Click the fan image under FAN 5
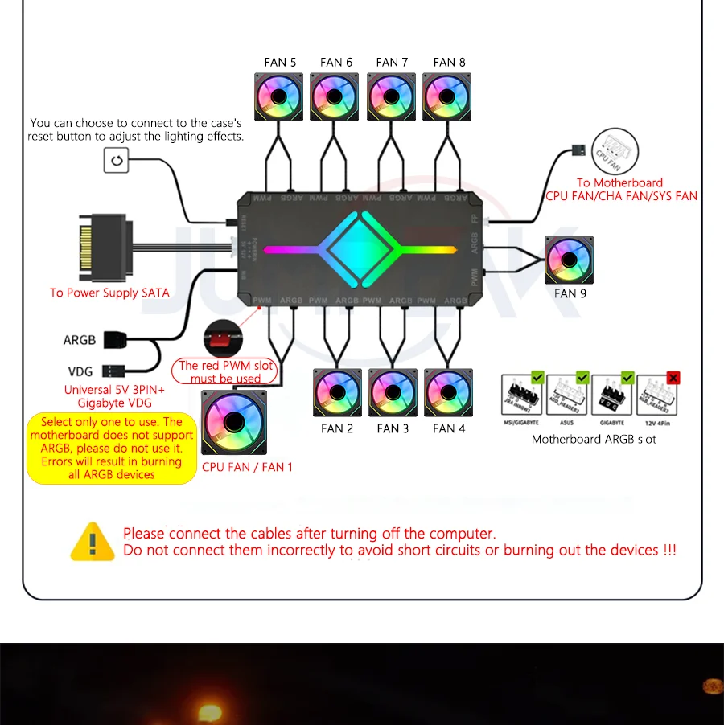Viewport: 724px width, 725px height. tap(278, 97)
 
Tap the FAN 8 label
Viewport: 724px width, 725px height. tap(449, 62)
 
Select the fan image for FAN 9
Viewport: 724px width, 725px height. tap(569, 260)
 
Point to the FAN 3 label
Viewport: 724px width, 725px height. tap(393, 428)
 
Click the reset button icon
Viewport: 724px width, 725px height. tap(116, 162)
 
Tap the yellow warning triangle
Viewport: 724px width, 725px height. tap(93, 542)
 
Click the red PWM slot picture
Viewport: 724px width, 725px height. tap(220, 335)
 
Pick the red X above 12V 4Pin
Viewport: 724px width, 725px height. tap(673, 377)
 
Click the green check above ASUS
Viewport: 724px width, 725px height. tap(583, 377)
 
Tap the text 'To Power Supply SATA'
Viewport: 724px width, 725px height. tap(109, 293)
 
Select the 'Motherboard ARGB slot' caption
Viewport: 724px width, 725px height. tap(594, 439)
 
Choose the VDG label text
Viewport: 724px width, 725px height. tap(80, 372)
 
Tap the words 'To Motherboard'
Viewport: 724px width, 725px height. tap(619, 182)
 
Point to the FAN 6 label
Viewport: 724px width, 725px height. tap(335, 62)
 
